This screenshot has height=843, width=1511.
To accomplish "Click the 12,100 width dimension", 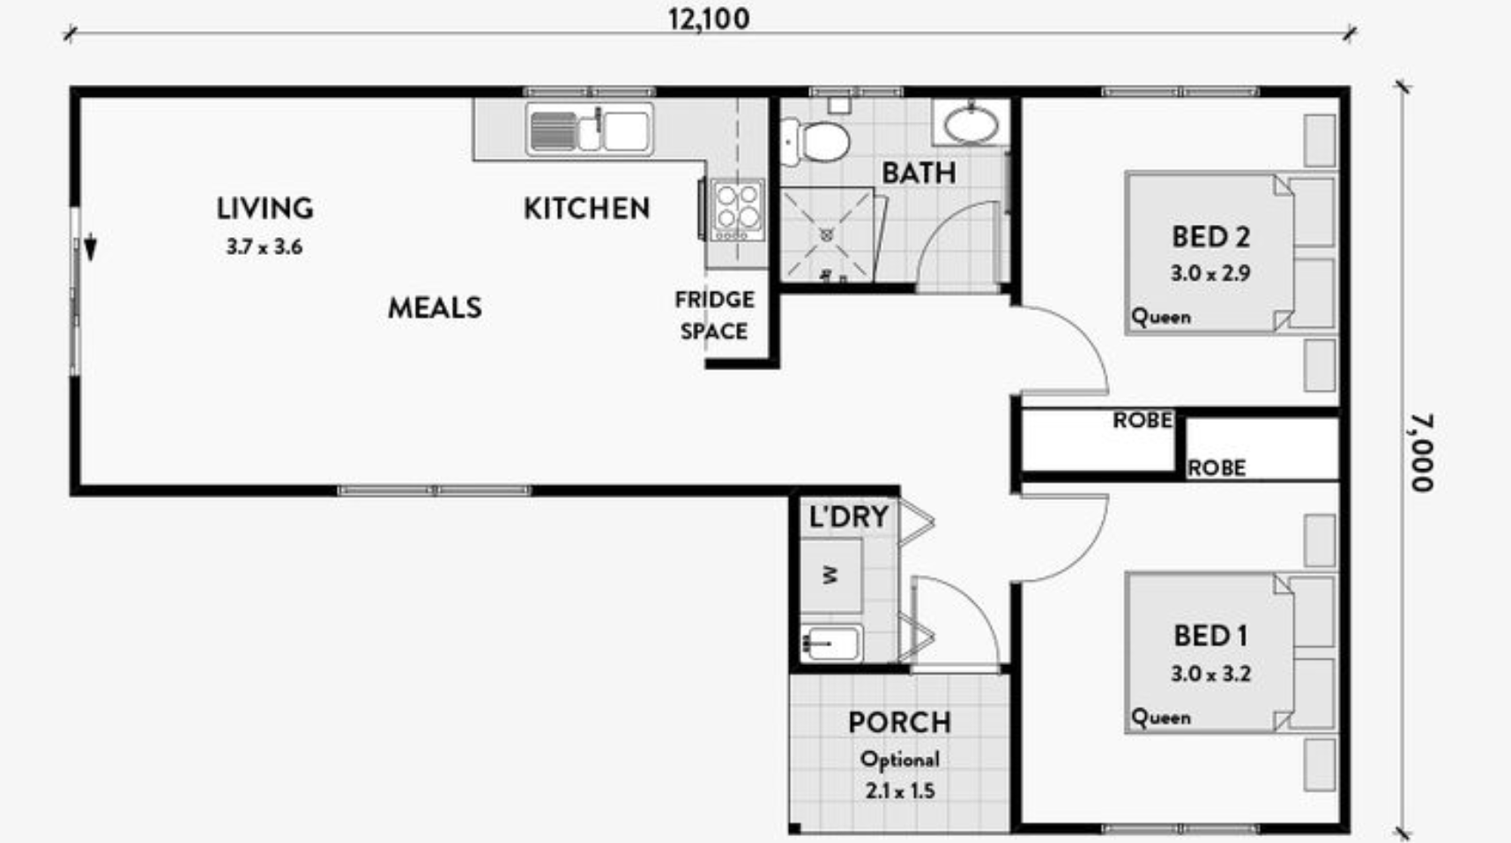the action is point(709,19).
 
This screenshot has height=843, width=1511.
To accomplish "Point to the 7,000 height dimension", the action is point(1421,452).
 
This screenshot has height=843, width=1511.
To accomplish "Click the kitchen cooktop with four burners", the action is point(737,210).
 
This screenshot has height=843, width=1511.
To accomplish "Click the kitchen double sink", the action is point(590,130).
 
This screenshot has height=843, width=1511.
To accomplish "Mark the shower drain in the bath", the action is point(826,235).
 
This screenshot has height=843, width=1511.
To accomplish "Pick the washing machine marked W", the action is point(831,575).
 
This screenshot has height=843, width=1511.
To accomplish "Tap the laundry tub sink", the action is point(831,643).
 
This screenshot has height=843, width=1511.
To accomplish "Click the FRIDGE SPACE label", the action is point(714,315).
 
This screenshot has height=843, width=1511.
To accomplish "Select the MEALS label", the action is point(435,309).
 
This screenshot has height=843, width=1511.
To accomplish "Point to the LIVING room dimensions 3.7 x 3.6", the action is point(264,247).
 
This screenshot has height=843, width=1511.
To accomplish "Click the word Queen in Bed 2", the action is point(1161,317).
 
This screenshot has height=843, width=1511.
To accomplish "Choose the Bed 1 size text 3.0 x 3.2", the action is point(1210,674).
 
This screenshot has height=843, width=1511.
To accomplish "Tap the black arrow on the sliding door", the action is point(90,248).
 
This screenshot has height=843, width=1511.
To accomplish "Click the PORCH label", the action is point(900,723).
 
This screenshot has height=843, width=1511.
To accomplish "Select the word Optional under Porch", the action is point(900,760).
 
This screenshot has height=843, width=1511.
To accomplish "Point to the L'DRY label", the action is point(849,517).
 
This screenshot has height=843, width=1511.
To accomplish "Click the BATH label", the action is point(919,174).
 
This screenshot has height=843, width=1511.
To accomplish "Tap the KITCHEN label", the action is point(587,209).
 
